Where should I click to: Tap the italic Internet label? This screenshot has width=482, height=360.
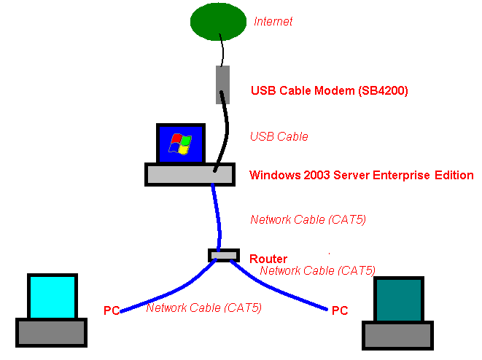[273, 22]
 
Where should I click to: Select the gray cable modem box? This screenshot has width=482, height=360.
[223, 85]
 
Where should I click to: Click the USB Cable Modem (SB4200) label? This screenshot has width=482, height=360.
[329, 91]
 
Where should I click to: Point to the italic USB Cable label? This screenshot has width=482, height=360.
[279, 136]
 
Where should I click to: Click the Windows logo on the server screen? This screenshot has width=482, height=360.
[179, 144]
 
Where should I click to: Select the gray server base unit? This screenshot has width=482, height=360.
[190, 173]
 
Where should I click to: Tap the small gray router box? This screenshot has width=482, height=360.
[223, 255]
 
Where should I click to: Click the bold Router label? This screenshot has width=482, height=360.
[268, 259]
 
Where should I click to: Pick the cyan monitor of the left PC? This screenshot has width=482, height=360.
[52, 297]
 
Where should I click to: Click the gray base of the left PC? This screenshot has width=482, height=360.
[52, 332]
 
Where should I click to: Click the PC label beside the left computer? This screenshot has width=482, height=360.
[111, 311]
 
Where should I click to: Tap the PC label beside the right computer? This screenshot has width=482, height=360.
[339, 311]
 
